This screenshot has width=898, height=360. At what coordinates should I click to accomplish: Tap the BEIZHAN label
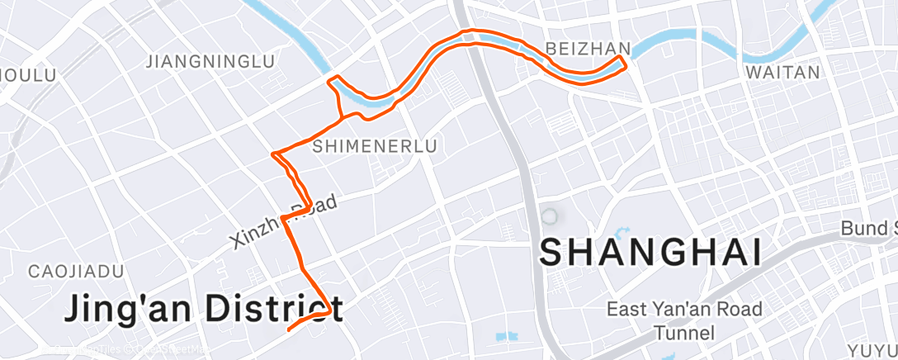pyautogui.click(x=588, y=47)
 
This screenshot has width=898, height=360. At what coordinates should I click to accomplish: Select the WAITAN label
pyautogui.click(x=782, y=73)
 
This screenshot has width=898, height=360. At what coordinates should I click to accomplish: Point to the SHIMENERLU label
pyautogui.click(x=375, y=146)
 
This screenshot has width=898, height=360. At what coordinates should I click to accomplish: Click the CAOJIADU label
pyautogui.click(x=76, y=272)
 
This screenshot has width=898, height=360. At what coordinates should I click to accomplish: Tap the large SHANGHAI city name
pyautogui.click(x=650, y=252)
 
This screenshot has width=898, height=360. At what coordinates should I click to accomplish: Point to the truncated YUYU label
pyautogui.click(x=873, y=349)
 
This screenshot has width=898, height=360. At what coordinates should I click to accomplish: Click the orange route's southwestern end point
pyautogui.click(x=288, y=329)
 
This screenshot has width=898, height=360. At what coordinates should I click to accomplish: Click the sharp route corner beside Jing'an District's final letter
pyautogui.click(x=331, y=311)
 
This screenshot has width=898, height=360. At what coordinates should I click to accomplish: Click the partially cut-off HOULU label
pyautogui.click(x=27, y=75)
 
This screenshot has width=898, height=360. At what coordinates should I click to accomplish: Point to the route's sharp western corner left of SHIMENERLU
pyautogui.click(x=273, y=154)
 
